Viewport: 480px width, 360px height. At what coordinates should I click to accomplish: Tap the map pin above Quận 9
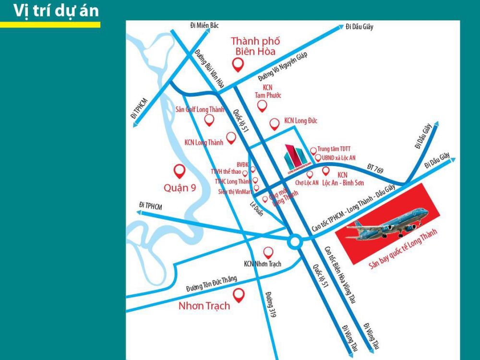180,170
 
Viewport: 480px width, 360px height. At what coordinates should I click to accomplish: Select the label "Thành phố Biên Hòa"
255,46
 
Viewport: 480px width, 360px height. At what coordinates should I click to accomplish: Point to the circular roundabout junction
295,242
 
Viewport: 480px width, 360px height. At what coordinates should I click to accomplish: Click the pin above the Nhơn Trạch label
238,293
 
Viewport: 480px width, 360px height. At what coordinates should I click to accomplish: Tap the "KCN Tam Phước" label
268,91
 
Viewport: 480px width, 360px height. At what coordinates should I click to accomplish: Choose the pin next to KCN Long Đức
275,124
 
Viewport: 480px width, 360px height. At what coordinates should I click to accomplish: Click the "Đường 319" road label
270,304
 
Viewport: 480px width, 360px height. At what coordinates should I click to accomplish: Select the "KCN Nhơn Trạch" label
263,264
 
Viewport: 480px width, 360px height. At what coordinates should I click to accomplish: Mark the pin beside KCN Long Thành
231,138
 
